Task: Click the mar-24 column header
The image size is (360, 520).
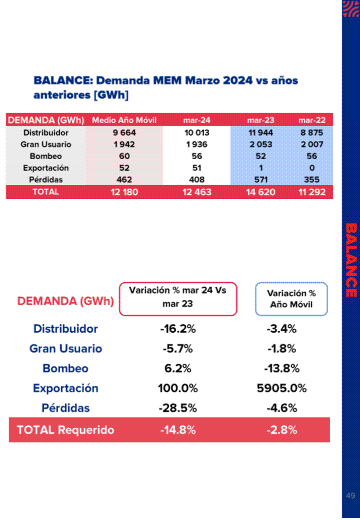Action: click(x=196, y=120)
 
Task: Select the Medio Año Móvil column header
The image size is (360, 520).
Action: click(x=124, y=120)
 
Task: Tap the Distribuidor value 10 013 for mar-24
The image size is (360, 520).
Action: click(x=196, y=133)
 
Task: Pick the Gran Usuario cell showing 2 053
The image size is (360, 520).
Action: click(x=260, y=145)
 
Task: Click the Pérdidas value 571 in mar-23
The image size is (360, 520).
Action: click(x=261, y=180)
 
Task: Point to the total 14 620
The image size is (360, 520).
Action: click(x=260, y=192)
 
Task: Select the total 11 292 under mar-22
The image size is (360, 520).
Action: click(x=312, y=192)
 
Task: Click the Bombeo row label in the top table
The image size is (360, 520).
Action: click(x=45, y=156)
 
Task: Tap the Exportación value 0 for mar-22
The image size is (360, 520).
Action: click(x=312, y=168)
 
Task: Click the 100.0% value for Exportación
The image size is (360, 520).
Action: click(x=177, y=388)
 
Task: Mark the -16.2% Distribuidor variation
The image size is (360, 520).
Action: click(x=177, y=329)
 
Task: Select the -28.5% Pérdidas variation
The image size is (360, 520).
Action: click(x=177, y=408)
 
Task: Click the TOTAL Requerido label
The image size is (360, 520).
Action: click(x=65, y=430)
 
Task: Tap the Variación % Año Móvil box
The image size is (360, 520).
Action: click(x=291, y=299)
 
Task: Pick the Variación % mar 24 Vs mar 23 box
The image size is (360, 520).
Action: click(x=177, y=299)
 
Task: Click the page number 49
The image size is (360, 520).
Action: click(x=350, y=496)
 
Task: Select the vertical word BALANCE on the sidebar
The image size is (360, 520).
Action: click(x=351, y=260)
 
